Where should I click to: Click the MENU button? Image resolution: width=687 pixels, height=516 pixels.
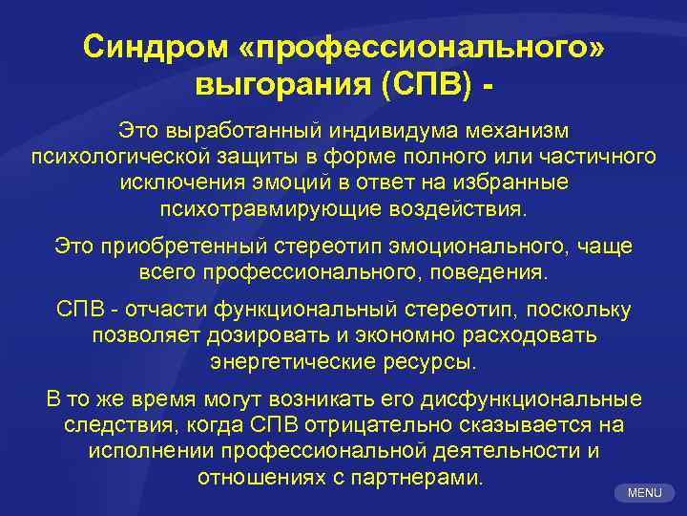pos(644,493)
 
